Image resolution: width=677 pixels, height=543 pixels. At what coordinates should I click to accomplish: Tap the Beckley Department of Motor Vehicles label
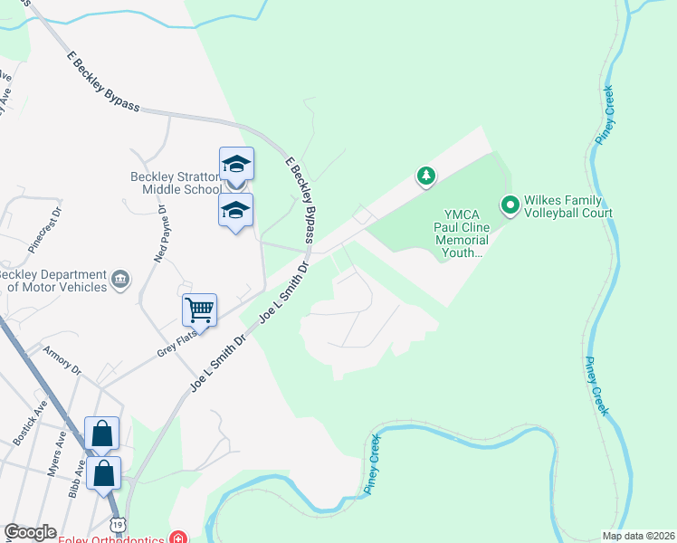(50, 280)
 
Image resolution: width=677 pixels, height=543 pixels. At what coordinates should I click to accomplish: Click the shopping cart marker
(199, 310)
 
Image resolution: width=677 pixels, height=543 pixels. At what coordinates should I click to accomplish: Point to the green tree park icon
(425, 175)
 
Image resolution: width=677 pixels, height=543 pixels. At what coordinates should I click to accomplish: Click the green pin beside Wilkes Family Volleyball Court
(510, 206)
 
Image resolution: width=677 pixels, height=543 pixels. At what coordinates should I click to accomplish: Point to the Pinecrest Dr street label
(44, 225)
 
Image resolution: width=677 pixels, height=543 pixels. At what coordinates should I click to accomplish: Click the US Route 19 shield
(118, 525)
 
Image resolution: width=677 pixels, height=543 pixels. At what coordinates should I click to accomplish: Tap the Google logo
(30, 532)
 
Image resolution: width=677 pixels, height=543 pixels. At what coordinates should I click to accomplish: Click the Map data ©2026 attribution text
(637, 536)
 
